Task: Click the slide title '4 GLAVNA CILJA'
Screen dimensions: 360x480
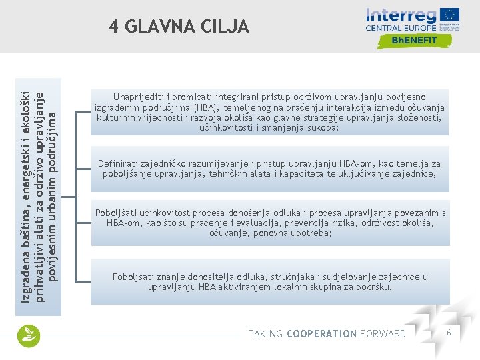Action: coord(179,27)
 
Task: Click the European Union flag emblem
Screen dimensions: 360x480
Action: coord(450,15)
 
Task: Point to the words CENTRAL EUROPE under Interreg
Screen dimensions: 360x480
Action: coord(401,28)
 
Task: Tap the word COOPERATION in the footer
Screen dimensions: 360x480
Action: coord(321,333)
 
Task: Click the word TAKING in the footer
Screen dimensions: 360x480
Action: coord(265,333)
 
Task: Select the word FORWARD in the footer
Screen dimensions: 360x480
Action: coord(382,333)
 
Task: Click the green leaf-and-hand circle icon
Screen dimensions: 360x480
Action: coord(29,335)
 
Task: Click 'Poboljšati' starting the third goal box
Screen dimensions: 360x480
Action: coord(118,213)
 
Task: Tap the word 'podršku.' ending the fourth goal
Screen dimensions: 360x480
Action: coord(374,287)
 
